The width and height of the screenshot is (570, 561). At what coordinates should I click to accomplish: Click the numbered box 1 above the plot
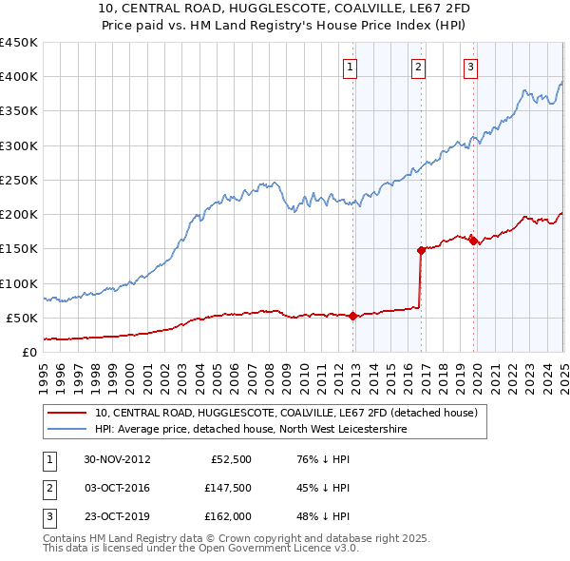351,67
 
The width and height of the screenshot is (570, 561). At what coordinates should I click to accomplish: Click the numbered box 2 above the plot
418,67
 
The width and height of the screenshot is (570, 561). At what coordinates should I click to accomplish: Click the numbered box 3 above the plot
471,67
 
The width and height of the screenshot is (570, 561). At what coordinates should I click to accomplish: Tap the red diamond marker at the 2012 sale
353,316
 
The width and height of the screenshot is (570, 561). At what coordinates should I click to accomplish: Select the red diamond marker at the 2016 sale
420,250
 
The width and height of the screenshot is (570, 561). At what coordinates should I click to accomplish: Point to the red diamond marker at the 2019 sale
473,241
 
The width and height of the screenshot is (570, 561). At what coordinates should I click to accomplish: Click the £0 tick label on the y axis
28,352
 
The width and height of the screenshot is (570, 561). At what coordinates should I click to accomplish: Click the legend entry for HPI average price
251,430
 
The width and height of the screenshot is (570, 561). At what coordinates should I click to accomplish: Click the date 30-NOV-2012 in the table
118,458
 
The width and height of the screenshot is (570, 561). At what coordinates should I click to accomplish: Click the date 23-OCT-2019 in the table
117,516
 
